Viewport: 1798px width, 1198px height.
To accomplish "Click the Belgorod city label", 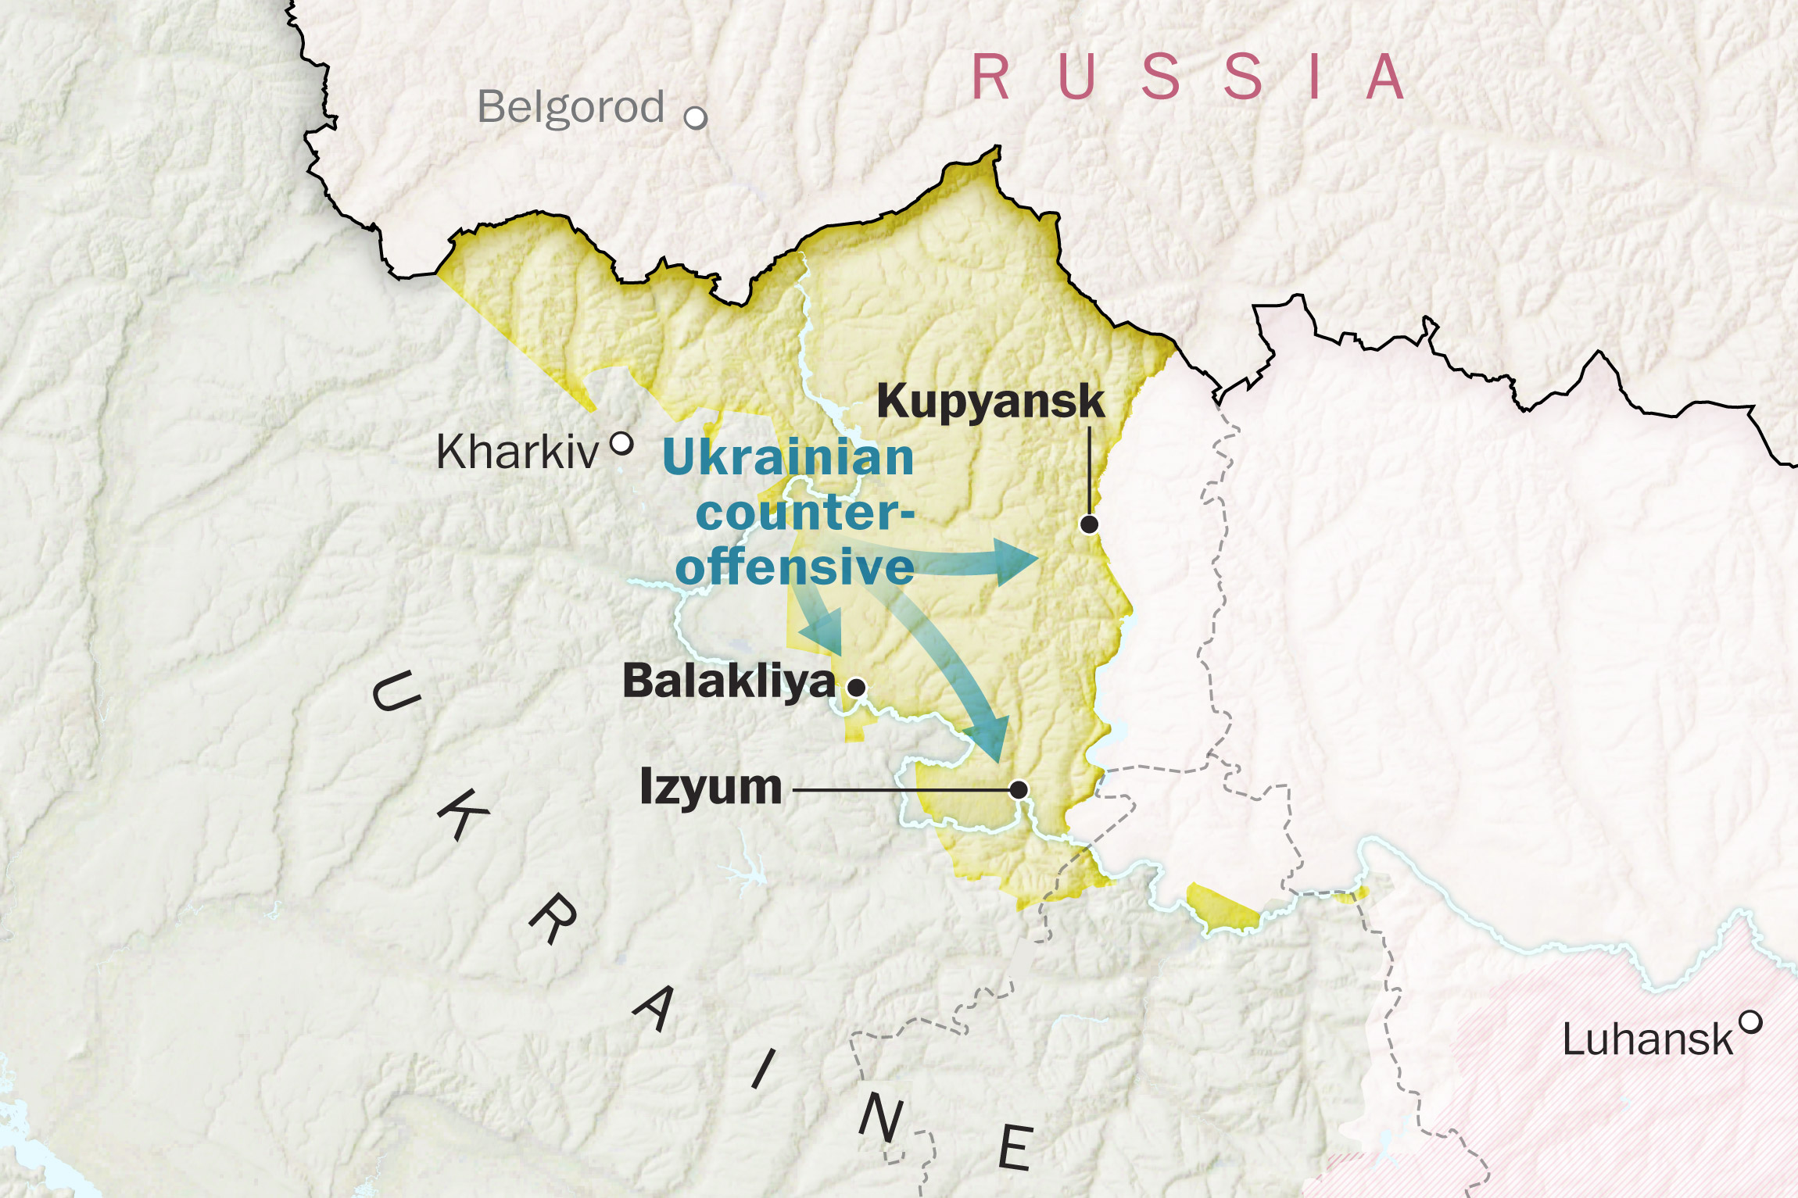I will (571, 108).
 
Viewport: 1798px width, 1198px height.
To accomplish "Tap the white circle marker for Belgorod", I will (695, 118).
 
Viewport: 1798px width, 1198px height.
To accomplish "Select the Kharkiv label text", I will (517, 452).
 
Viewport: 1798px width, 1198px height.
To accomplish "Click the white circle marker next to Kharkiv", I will (621, 444).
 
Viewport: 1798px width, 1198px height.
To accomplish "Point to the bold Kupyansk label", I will (990, 401).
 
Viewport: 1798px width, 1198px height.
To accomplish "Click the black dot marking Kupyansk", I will (1089, 524).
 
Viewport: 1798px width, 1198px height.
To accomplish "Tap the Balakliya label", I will (729, 681).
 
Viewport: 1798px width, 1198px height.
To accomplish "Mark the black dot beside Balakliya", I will (857, 688).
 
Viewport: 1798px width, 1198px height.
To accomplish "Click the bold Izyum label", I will (710, 786).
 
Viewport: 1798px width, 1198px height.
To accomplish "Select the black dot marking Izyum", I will (1019, 790).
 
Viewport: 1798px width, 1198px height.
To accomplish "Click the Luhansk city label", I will (1647, 1040).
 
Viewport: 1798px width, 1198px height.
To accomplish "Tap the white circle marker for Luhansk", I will (1751, 1021).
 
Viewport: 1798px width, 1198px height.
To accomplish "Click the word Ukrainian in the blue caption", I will (788, 457).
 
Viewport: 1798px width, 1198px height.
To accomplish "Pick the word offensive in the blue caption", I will (795, 567).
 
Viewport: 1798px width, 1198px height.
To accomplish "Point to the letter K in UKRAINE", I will (461, 814).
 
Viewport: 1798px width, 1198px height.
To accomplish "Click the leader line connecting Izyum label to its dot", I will (899, 790).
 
